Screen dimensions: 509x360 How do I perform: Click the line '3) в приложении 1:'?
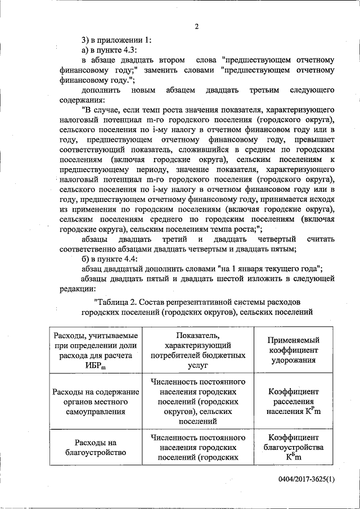click(116, 39)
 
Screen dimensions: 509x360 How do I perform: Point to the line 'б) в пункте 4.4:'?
click(109, 259)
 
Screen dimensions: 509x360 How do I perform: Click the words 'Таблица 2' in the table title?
click(118, 301)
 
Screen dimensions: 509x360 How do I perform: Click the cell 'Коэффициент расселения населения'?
click(294, 402)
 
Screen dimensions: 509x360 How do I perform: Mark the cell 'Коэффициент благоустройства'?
click(294, 447)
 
